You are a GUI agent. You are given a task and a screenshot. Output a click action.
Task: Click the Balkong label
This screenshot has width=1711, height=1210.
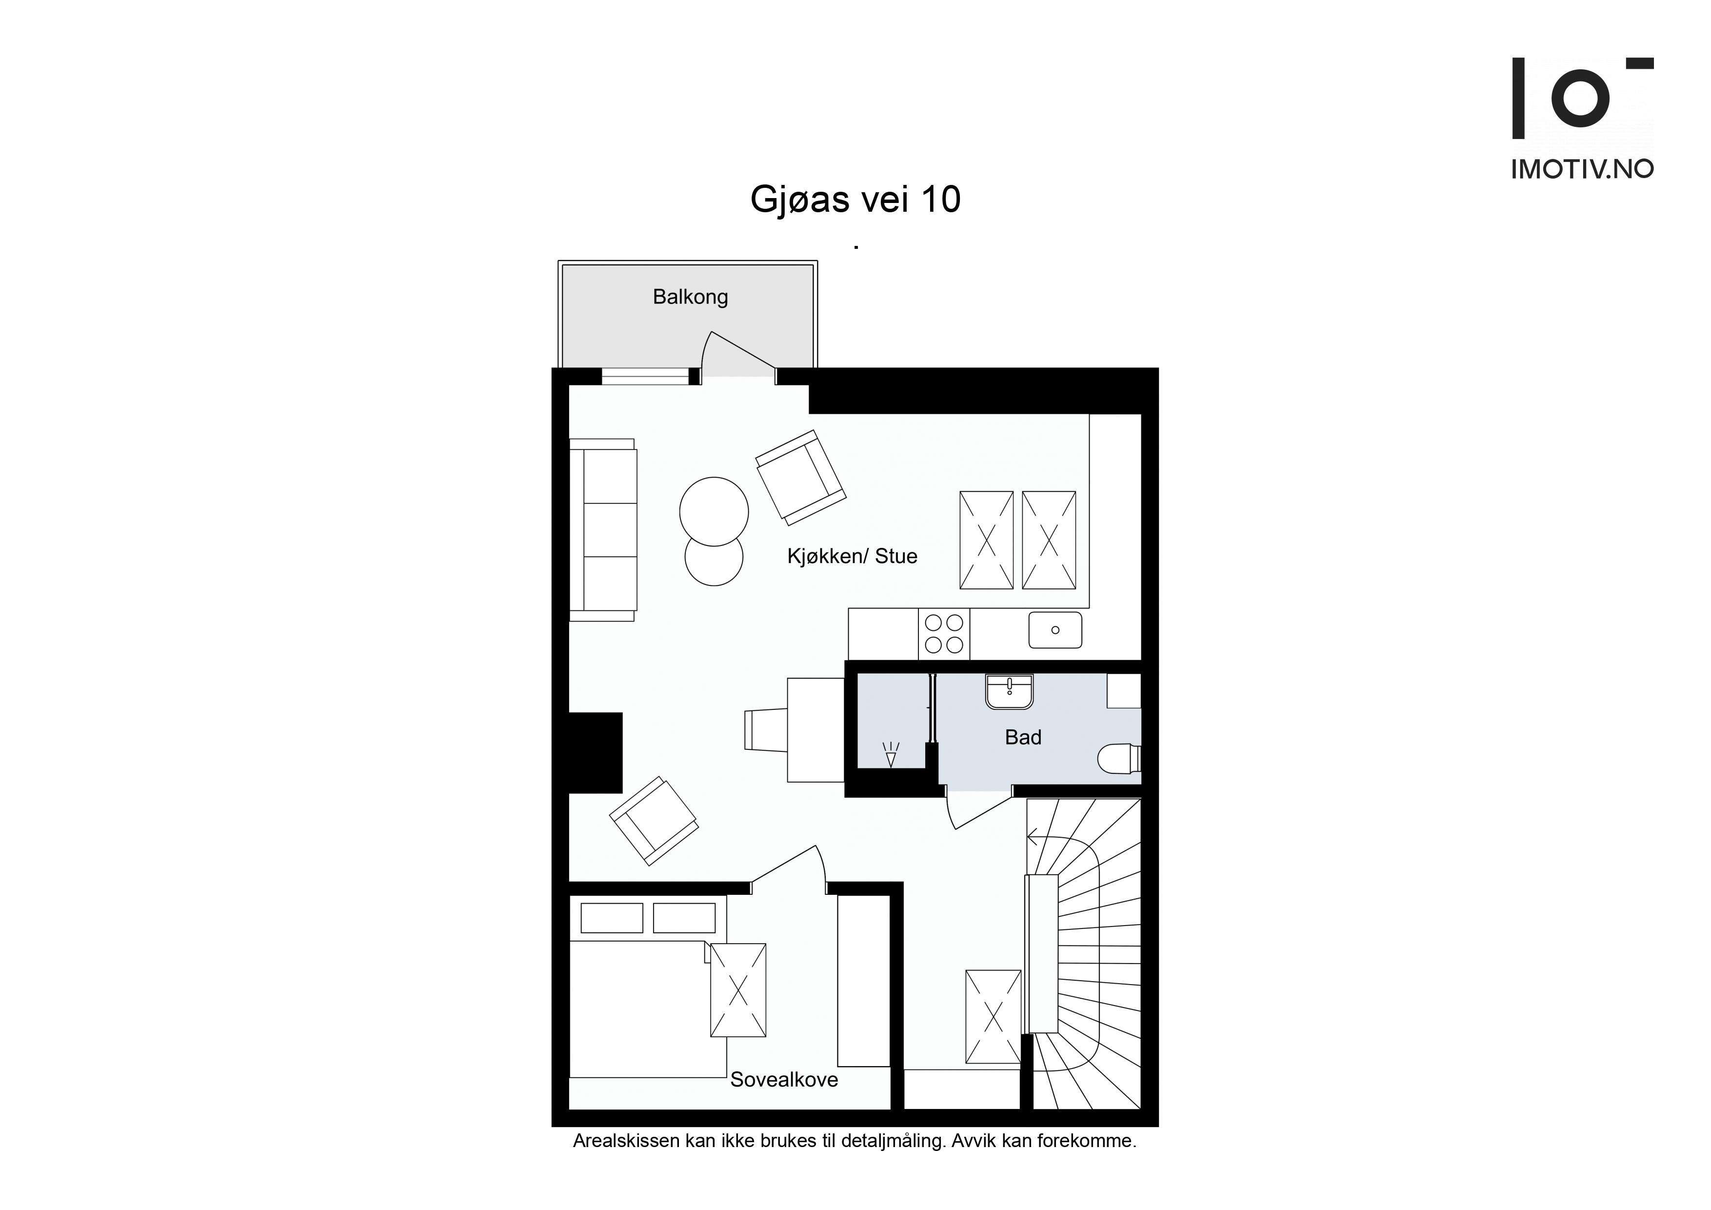pyautogui.click(x=690, y=297)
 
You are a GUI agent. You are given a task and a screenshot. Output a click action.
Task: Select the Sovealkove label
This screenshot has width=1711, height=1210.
pyautogui.click(x=784, y=1080)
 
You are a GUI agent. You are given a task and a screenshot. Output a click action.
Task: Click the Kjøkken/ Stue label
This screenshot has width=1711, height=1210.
pyautogui.click(x=852, y=556)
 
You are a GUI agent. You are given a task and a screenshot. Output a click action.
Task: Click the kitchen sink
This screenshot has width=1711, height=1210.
pyautogui.click(x=1055, y=630)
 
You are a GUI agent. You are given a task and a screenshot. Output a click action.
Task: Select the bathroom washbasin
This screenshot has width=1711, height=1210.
pyautogui.click(x=1009, y=691)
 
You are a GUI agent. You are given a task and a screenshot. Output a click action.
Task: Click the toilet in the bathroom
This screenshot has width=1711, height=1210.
pyautogui.click(x=1119, y=758)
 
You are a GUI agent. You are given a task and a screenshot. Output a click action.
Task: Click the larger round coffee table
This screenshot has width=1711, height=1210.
pyautogui.click(x=714, y=511)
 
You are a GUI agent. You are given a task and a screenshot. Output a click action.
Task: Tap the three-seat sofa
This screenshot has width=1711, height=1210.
pyautogui.click(x=603, y=530)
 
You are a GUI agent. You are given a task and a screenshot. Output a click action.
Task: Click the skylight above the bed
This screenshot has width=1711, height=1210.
pyautogui.click(x=738, y=990)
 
